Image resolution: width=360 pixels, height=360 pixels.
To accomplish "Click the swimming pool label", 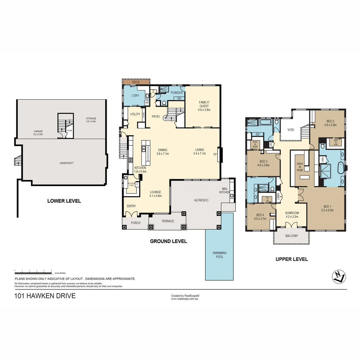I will click(219, 255).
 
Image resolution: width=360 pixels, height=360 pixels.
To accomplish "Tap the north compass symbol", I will click(339, 276).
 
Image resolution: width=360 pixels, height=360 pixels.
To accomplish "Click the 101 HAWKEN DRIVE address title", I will click(45, 296).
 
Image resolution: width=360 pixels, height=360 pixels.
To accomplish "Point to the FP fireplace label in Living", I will click(215, 154).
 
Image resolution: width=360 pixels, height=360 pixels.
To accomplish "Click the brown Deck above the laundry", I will click(136, 82).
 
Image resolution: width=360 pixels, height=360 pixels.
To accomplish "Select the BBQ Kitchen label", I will click(224, 191).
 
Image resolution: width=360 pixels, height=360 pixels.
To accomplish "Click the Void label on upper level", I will click(291, 130).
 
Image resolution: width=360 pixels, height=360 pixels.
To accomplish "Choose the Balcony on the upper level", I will click(292, 236).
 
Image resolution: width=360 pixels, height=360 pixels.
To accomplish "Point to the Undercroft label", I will click(66, 163).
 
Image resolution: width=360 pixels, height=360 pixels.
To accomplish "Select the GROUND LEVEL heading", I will click(168, 241).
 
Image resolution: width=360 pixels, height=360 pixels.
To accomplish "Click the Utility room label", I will click(135, 114).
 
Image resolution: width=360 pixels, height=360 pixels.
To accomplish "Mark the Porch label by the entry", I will click(135, 223).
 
